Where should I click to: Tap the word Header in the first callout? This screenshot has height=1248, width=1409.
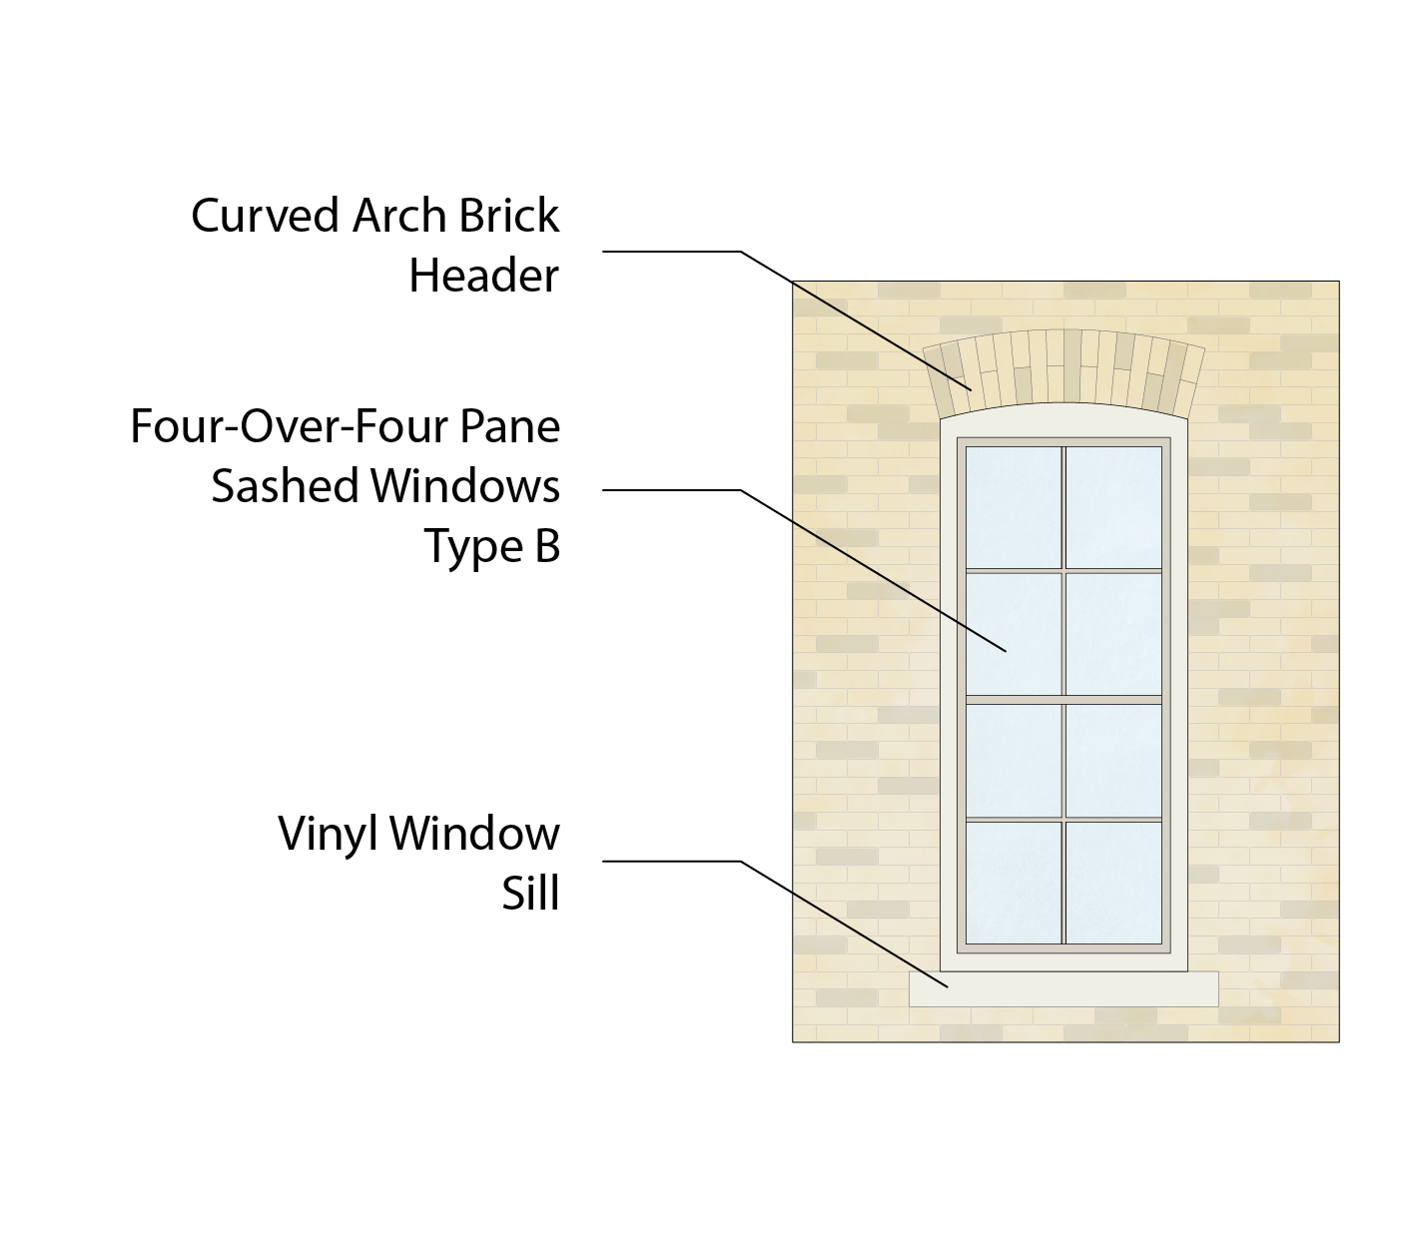[483, 276]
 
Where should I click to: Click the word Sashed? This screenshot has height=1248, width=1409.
[285, 487]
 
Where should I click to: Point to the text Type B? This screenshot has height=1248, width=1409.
[492, 546]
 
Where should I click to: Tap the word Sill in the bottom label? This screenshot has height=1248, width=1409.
[530, 894]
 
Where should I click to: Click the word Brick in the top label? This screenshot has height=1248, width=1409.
[509, 216]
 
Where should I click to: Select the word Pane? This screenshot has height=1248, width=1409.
[511, 427]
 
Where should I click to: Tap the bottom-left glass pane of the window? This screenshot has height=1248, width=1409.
[1013, 882]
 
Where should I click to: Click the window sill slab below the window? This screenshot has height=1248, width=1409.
[1063, 988]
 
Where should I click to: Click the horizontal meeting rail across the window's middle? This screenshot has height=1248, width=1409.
[1063, 699]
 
